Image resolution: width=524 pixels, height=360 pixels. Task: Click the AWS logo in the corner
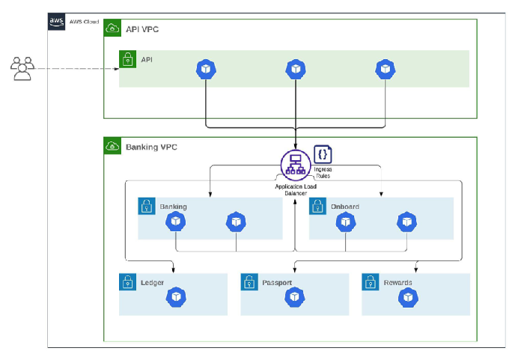tap(56, 22)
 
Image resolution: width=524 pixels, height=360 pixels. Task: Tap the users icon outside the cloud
tap(22, 69)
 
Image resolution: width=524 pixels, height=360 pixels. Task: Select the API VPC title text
tap(142, 29)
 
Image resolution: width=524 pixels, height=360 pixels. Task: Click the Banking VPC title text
tap(151, 147)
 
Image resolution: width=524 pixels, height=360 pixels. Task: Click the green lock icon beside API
tap(128, 59)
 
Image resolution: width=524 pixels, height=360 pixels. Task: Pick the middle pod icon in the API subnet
tap(296, 69)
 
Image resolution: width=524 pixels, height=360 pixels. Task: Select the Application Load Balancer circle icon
tap(296, 165)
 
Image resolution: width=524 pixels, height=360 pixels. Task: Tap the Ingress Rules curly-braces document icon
tap(323, 154)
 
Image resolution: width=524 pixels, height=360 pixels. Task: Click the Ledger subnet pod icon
tap(176, 297)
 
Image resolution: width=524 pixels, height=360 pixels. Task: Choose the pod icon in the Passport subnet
tap(294, 297)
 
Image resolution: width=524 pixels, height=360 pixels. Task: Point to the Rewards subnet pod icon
tap(408, 297)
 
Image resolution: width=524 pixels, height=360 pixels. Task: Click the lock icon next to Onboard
tap(317, 206)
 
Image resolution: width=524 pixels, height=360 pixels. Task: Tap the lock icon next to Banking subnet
tap(147, 206)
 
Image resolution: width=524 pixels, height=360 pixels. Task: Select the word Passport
tap(277, 283)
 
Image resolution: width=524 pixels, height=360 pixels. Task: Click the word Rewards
tap(397, 283)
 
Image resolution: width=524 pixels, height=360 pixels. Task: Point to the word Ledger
tap(153, 283)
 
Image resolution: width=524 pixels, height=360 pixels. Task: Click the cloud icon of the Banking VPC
tap(112, 146)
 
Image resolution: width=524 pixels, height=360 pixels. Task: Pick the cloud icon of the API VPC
tap(112, 28)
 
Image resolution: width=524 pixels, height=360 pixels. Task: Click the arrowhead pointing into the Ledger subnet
tap(173, 270)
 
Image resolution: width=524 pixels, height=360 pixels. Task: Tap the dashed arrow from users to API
tap(77, 69)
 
